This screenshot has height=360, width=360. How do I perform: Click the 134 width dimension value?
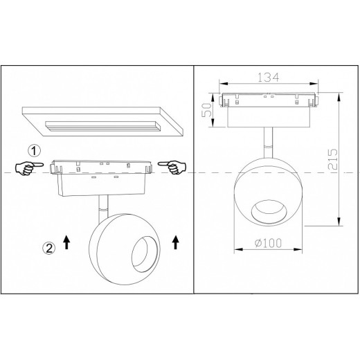pos(268,78)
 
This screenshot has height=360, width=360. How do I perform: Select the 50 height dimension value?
pos(207,110)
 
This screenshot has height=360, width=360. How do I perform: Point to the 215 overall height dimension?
pos(332,159)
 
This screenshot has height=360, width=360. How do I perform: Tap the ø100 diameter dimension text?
pos(269,243)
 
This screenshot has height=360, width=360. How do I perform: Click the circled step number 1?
pos(35,151)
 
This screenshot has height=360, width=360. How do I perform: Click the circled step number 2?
pos(49,249)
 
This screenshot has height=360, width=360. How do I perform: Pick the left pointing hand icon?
pos(29,168)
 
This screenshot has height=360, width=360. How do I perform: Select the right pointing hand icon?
pos(172,167)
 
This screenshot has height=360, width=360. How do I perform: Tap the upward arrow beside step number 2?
pos(66,242)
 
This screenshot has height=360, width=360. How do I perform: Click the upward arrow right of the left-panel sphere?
pos(176,242)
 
